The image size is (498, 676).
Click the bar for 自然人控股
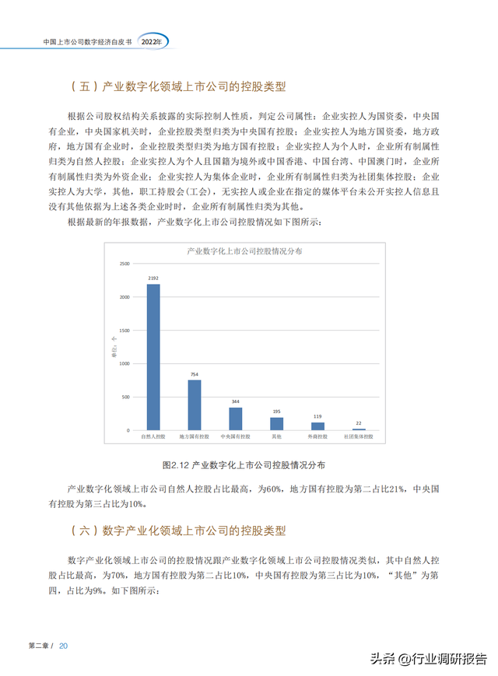tap(153, 357)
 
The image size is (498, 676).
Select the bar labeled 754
tap(195, 405)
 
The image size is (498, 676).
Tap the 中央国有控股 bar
tap(235, 419)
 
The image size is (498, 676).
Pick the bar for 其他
tap(276, 423)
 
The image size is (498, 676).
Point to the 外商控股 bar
tap(317, 426)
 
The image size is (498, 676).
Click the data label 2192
tap(153, 278)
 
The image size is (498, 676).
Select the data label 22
tap(359, 423)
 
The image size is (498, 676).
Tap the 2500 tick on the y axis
tap(124, 264)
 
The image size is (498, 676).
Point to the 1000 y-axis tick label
tap(124, 363)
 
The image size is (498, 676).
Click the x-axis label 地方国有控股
tap(195, 438)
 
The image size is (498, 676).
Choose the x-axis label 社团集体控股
tap(359, 438)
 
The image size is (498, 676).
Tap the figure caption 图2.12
tap(244, 464)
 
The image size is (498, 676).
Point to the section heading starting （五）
tap(178, 87)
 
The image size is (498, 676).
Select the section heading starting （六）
tap(178, 531)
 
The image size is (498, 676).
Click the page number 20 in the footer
tap(64, 646)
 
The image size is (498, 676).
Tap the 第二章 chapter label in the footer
tap(40, 646)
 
